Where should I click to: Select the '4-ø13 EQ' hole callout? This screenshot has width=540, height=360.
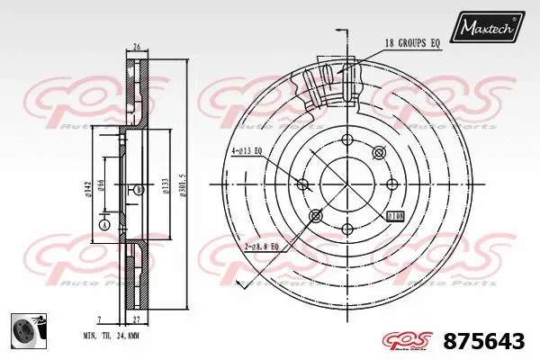pyautogui.click(x=246, y=151)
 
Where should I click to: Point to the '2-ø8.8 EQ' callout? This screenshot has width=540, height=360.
pyautogui.click(x=261, y=246)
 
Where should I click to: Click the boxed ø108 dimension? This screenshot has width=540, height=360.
pyautogui.click(x=395, y=217)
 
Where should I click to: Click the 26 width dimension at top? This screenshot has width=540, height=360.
pyautogui.click(x=136, y=47)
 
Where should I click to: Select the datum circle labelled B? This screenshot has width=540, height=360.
pyautogui.click(x=139, y=190)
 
